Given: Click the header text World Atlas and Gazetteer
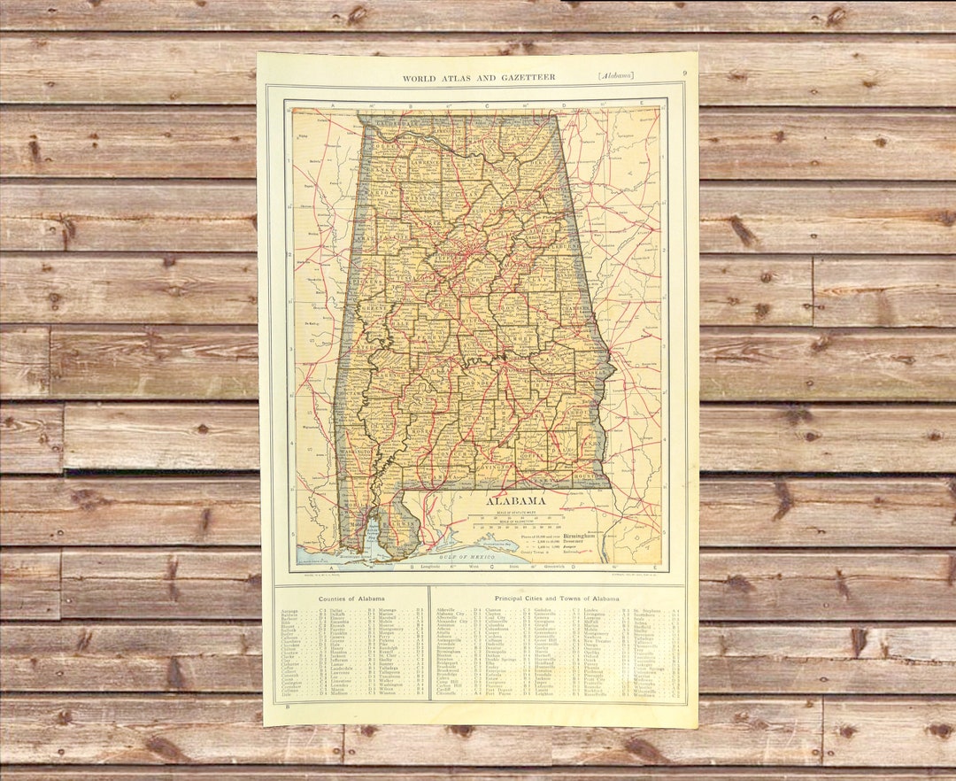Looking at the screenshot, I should pyautogui.click(x=479, y=78).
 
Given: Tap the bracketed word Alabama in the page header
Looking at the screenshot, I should pyautogui.click(x=615, y=76).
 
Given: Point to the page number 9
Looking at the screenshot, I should pyautogui.click(x=684, y=73).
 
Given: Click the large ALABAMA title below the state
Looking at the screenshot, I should pyautogui.click(x=513, y=500).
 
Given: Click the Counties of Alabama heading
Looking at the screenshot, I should pyautogui.click(x=351, y=599).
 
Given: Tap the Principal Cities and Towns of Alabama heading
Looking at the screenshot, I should pyautogui.click(x=557, y=599).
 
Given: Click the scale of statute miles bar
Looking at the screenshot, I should pyautogui.click(x=513, y=519).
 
